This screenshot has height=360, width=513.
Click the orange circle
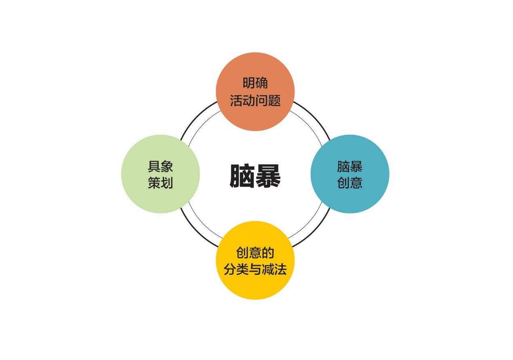coord(255,92)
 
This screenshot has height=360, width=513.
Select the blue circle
coord(350,174)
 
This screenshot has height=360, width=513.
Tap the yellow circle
coord(255,260)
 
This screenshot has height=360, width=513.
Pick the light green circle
coord(160,174)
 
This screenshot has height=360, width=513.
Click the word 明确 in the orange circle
coord(255,83)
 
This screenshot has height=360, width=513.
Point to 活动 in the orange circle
coord(242,100)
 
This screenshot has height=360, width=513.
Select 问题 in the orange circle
coord(268,100)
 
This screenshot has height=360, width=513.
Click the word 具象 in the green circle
coord(160,166)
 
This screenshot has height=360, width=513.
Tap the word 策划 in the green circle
coord(160,183)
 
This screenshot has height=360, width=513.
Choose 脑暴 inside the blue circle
coord(350,166)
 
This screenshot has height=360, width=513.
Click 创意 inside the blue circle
coord(350,183)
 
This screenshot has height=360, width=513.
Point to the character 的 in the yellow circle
coord(268,253)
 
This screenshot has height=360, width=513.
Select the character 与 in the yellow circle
coord(255,269)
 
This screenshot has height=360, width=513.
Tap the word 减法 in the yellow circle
coord(274,269)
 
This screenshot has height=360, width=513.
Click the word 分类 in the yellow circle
coord(236,269)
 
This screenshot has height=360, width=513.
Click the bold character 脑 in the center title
coord(242,176)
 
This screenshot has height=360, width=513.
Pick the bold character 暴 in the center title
coord(268,176)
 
